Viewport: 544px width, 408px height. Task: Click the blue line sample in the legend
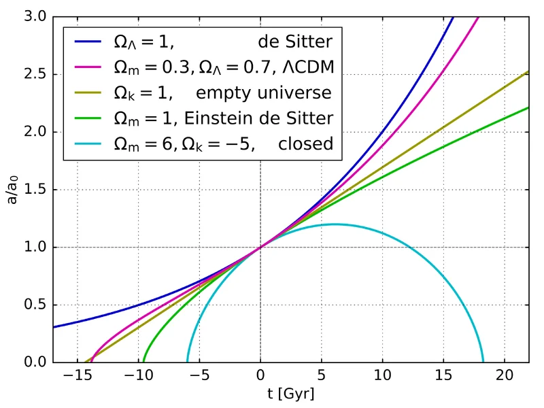click(87, 42)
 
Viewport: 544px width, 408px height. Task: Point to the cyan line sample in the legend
click(87, 143)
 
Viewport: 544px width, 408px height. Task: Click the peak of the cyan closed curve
click(335, 224)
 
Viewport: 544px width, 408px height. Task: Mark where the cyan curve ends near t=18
click(483, 362)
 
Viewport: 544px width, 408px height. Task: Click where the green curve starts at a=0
click(143, 362)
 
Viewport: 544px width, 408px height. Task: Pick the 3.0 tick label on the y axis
click(33, 17)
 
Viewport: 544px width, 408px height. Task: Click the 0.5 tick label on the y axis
click(33, 305)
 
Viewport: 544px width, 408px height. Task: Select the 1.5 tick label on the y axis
click(33, 190)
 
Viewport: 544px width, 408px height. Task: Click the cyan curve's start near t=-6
click(187, 362)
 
